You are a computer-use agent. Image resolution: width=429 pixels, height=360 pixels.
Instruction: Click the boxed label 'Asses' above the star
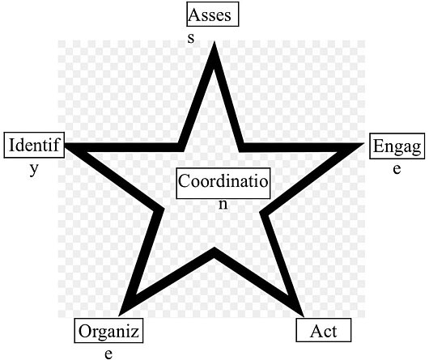click(213, 15)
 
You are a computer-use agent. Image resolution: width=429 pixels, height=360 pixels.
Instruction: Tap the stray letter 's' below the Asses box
click(191, 38)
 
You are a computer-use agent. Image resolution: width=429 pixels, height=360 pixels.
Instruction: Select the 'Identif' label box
click(34, 145)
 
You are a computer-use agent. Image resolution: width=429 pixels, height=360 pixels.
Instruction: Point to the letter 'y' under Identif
click(34, 169)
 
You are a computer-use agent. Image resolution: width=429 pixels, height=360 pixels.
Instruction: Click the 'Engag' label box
click(397, 146)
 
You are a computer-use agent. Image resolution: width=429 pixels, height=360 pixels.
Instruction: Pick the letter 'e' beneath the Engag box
click(397, 169)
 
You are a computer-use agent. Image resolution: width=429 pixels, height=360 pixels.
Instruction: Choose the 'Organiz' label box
click(108, 331)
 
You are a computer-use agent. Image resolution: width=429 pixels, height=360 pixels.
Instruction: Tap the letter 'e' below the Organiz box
click(108, 354)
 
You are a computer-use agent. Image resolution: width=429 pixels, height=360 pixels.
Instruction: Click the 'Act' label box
click(324, 330)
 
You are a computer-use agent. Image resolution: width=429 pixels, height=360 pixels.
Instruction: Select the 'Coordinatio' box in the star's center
click(223, 183)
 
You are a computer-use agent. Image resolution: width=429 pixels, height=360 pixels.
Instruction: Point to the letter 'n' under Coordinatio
click(223, 204)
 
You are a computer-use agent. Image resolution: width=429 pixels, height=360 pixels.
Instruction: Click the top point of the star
click(214, 41)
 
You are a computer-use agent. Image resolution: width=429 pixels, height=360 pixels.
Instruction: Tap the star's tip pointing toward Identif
click(65, 143)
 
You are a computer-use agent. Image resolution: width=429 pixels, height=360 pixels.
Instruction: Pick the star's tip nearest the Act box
click(304, 316)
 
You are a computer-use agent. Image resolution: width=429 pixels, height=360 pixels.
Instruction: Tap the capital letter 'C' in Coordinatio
click(185, 181)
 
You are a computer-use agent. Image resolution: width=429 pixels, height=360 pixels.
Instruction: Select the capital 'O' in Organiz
click(85, 331)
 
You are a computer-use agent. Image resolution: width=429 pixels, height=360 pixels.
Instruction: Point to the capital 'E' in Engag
click(379, 146)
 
